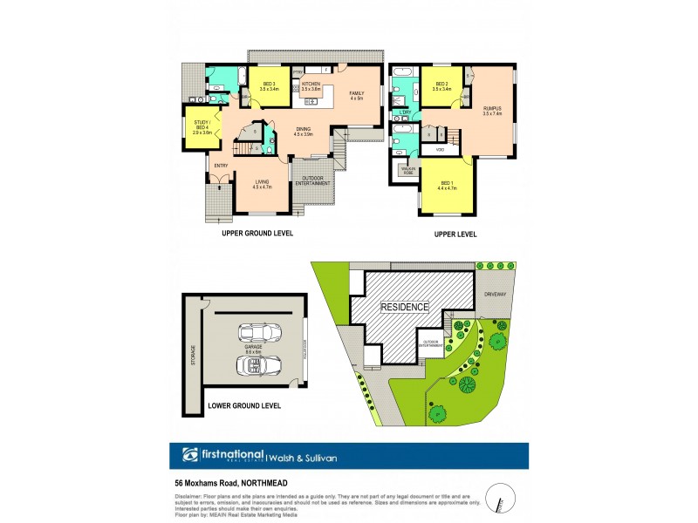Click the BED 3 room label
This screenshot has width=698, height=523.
point(269,86)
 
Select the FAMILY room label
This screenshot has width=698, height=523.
point(356,95)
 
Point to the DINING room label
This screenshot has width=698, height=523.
point(303,132)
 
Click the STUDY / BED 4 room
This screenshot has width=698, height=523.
point(202,128)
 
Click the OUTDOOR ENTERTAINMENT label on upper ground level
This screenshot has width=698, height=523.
point(311,182)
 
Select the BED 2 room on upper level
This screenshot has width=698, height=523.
point(441,86)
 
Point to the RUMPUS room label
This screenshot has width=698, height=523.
point(493,111)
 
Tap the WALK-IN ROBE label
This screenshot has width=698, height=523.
point(408,172)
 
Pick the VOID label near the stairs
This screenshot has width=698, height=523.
point(439,150)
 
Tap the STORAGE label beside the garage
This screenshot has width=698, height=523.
point(194,356)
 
